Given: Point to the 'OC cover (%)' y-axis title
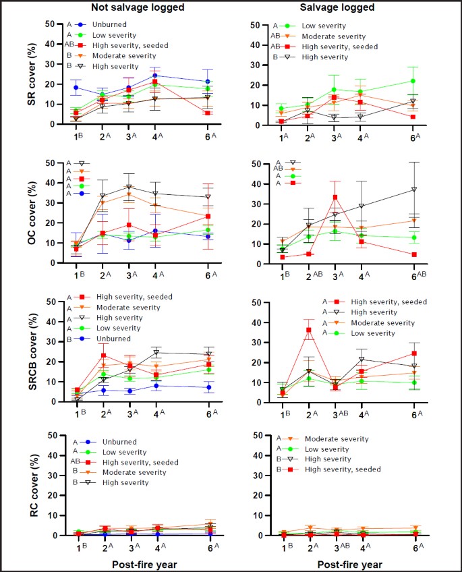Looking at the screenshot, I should click(12, 213).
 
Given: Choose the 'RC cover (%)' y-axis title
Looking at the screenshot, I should click(12, 485).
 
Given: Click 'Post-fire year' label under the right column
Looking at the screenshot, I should click(350, 563).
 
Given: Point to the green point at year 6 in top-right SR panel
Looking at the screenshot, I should click(413, 81).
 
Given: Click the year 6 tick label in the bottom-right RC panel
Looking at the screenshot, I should click(413, 548).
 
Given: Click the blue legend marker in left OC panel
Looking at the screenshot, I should click(82, 194).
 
